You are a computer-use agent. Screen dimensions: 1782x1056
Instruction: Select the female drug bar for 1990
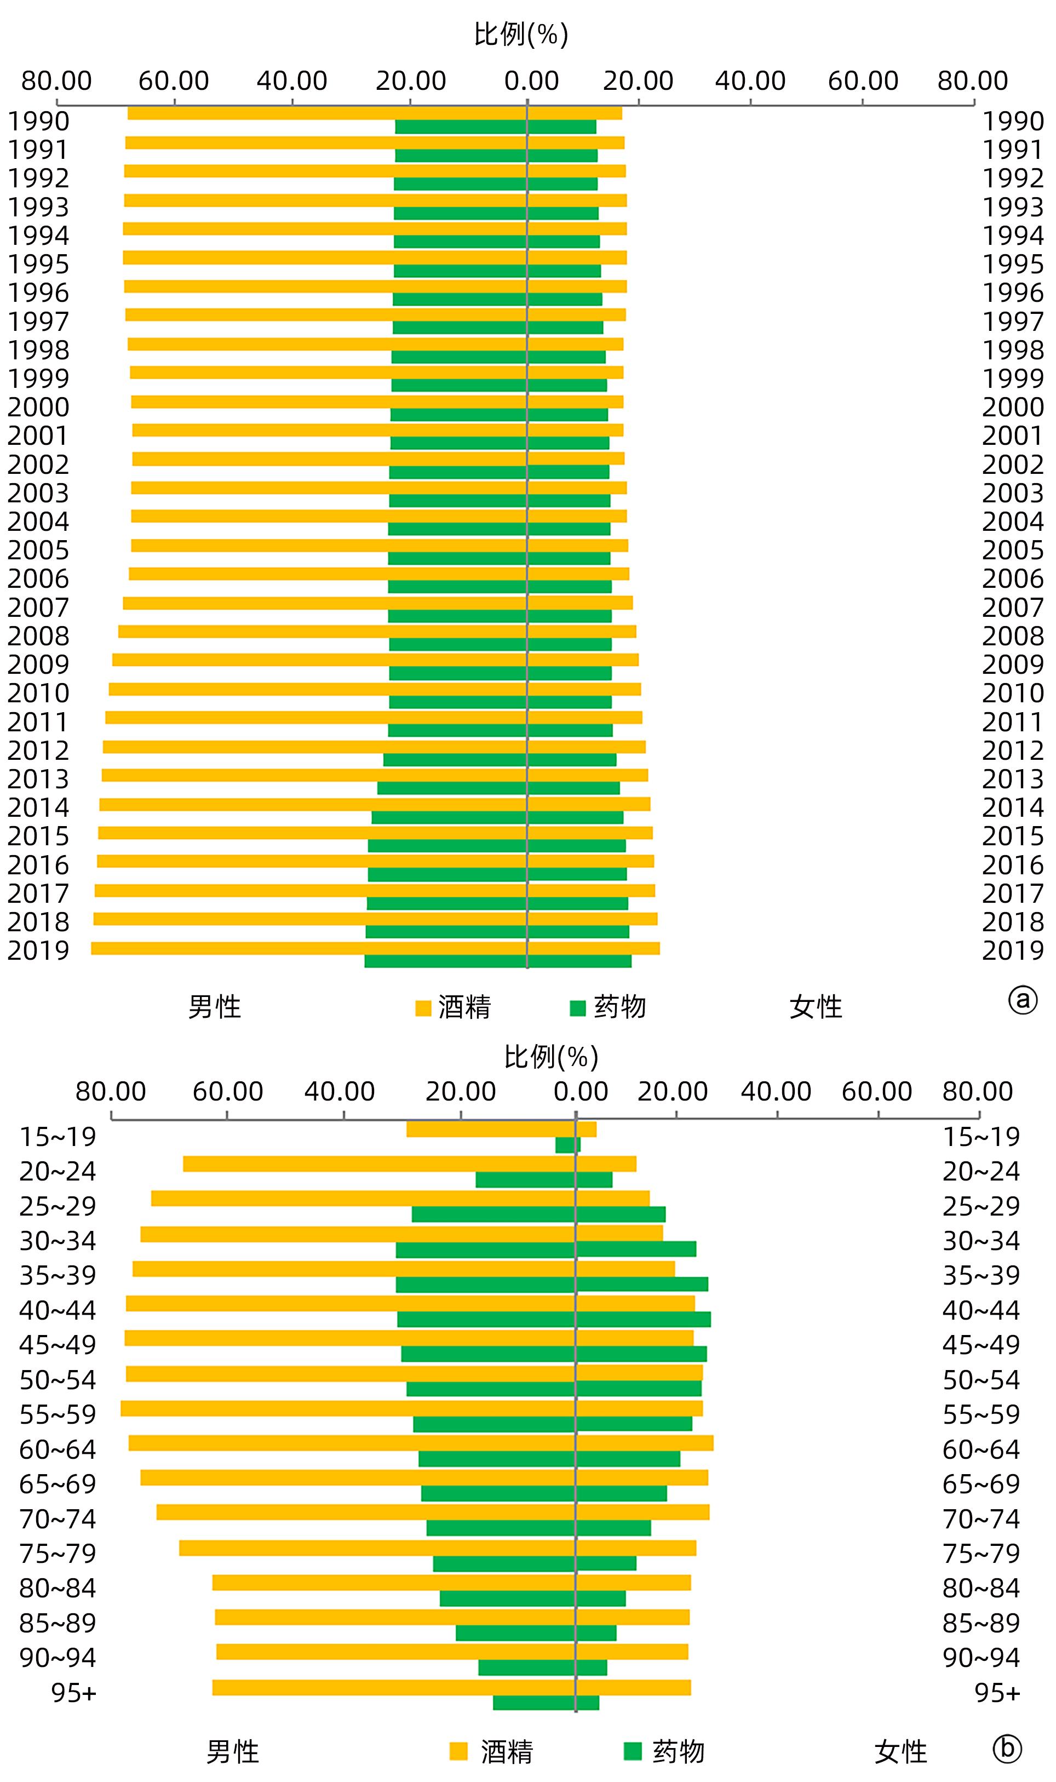click(562, 128)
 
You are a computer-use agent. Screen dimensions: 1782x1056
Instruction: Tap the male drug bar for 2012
click(455, 759)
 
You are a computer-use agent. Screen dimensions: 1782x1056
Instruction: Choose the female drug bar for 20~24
click(594, 1179)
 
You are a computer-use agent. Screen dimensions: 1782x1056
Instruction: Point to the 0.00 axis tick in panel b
click(581, 1091)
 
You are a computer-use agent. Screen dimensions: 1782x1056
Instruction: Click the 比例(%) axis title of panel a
click(521, 34)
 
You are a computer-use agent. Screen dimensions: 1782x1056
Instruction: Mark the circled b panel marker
click(1007, 1749)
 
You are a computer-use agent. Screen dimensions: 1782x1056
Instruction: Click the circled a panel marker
click(1023, 1001)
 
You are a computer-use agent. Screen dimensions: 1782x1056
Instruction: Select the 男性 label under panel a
click(214, 1007)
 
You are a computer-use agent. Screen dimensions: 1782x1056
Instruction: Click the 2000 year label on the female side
click(1013, 407)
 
